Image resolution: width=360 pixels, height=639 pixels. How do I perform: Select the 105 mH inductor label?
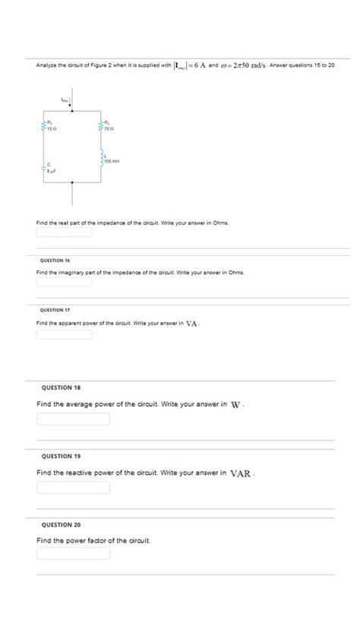(112, 162)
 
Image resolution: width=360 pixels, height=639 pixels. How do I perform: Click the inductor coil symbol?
(101, 158)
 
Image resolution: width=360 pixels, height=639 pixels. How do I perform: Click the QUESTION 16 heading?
(55, 260)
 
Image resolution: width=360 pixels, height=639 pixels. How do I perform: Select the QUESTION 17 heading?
(55, 310)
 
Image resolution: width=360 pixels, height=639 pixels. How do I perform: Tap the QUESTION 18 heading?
(62, 387)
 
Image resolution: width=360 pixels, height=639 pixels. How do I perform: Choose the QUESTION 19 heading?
(62, 456)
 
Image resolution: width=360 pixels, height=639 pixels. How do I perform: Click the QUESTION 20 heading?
(62, 524)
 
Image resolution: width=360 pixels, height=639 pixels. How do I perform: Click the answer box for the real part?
(65, 233)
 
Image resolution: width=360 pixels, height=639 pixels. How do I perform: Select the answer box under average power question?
(73, 419)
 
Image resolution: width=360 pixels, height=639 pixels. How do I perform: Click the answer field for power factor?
(73, 554)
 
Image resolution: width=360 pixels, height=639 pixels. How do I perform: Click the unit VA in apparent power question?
(192, 323)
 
